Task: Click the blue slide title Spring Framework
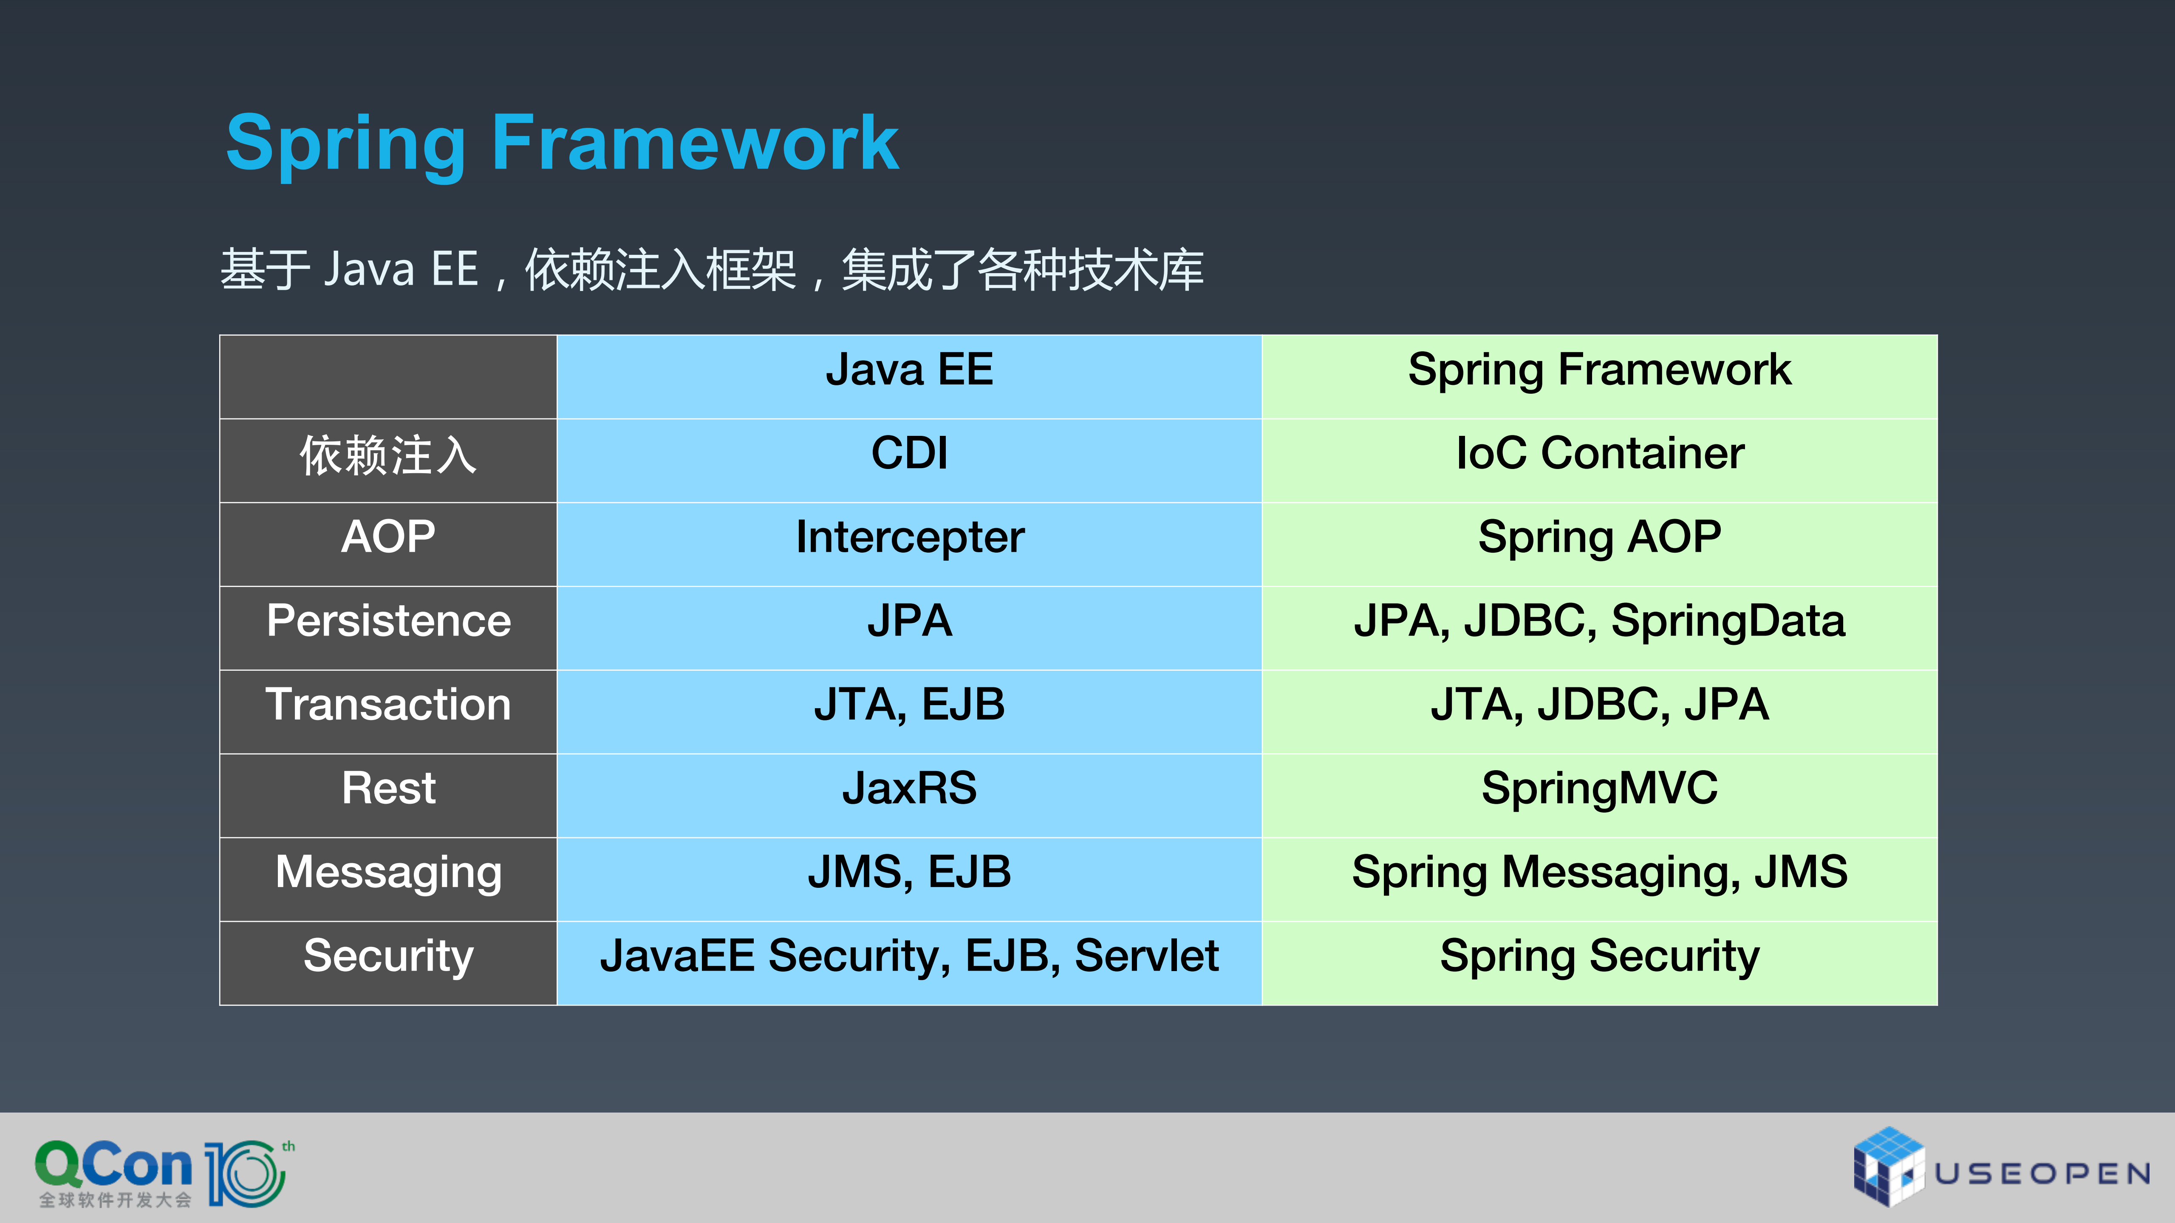pos(562,144)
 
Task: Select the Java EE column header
pos(909,370)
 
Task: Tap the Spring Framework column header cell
pos(1599,370)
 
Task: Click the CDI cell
pos(909,454)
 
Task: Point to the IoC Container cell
pos(1599,454)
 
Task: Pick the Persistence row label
pos(388,621)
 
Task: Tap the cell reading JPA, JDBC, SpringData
pos(1599,621)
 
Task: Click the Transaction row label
pos(388,705)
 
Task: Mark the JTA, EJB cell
pos(909,705)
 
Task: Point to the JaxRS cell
pos(909,788)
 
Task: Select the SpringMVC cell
pos(1599,788)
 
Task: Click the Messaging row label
pos(388,872)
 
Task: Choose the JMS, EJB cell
pos(909,872)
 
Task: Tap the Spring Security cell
pos(1599,956)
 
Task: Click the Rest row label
pos(388,788)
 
